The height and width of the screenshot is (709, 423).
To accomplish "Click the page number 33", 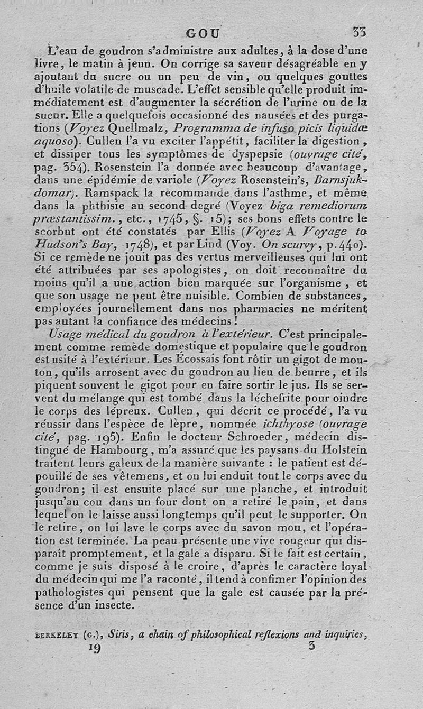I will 360,32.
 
